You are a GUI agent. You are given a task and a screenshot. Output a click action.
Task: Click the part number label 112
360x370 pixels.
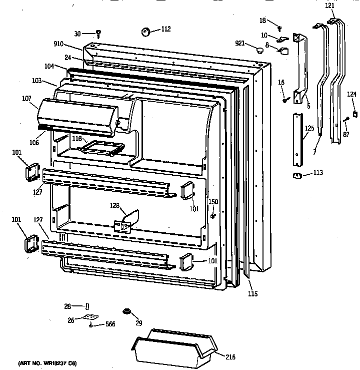[x=166, y=29]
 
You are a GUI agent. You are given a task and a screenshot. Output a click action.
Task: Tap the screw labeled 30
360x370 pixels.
[x=98, y=34]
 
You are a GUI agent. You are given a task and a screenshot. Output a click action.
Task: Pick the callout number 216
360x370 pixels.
[x=230, y=357]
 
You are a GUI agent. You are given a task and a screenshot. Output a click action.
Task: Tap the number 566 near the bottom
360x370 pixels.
[x=111, y=324]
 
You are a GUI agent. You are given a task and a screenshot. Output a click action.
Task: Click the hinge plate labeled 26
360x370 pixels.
[x=90, y=317]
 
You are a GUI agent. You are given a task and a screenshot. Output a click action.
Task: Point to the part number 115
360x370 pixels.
[x=252, y=294]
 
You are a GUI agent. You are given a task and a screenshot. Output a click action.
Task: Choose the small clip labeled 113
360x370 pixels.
[x=297, y=175]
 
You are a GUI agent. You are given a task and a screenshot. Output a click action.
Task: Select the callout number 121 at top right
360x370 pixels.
[x=330, y=6]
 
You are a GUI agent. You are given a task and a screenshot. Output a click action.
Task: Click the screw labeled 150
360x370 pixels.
[x=213, y=216]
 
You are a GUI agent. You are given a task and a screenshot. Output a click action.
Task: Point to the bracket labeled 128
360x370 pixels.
[x=126, y=222]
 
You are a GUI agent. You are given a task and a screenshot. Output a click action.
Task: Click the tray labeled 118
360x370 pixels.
[x=103, y=148]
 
